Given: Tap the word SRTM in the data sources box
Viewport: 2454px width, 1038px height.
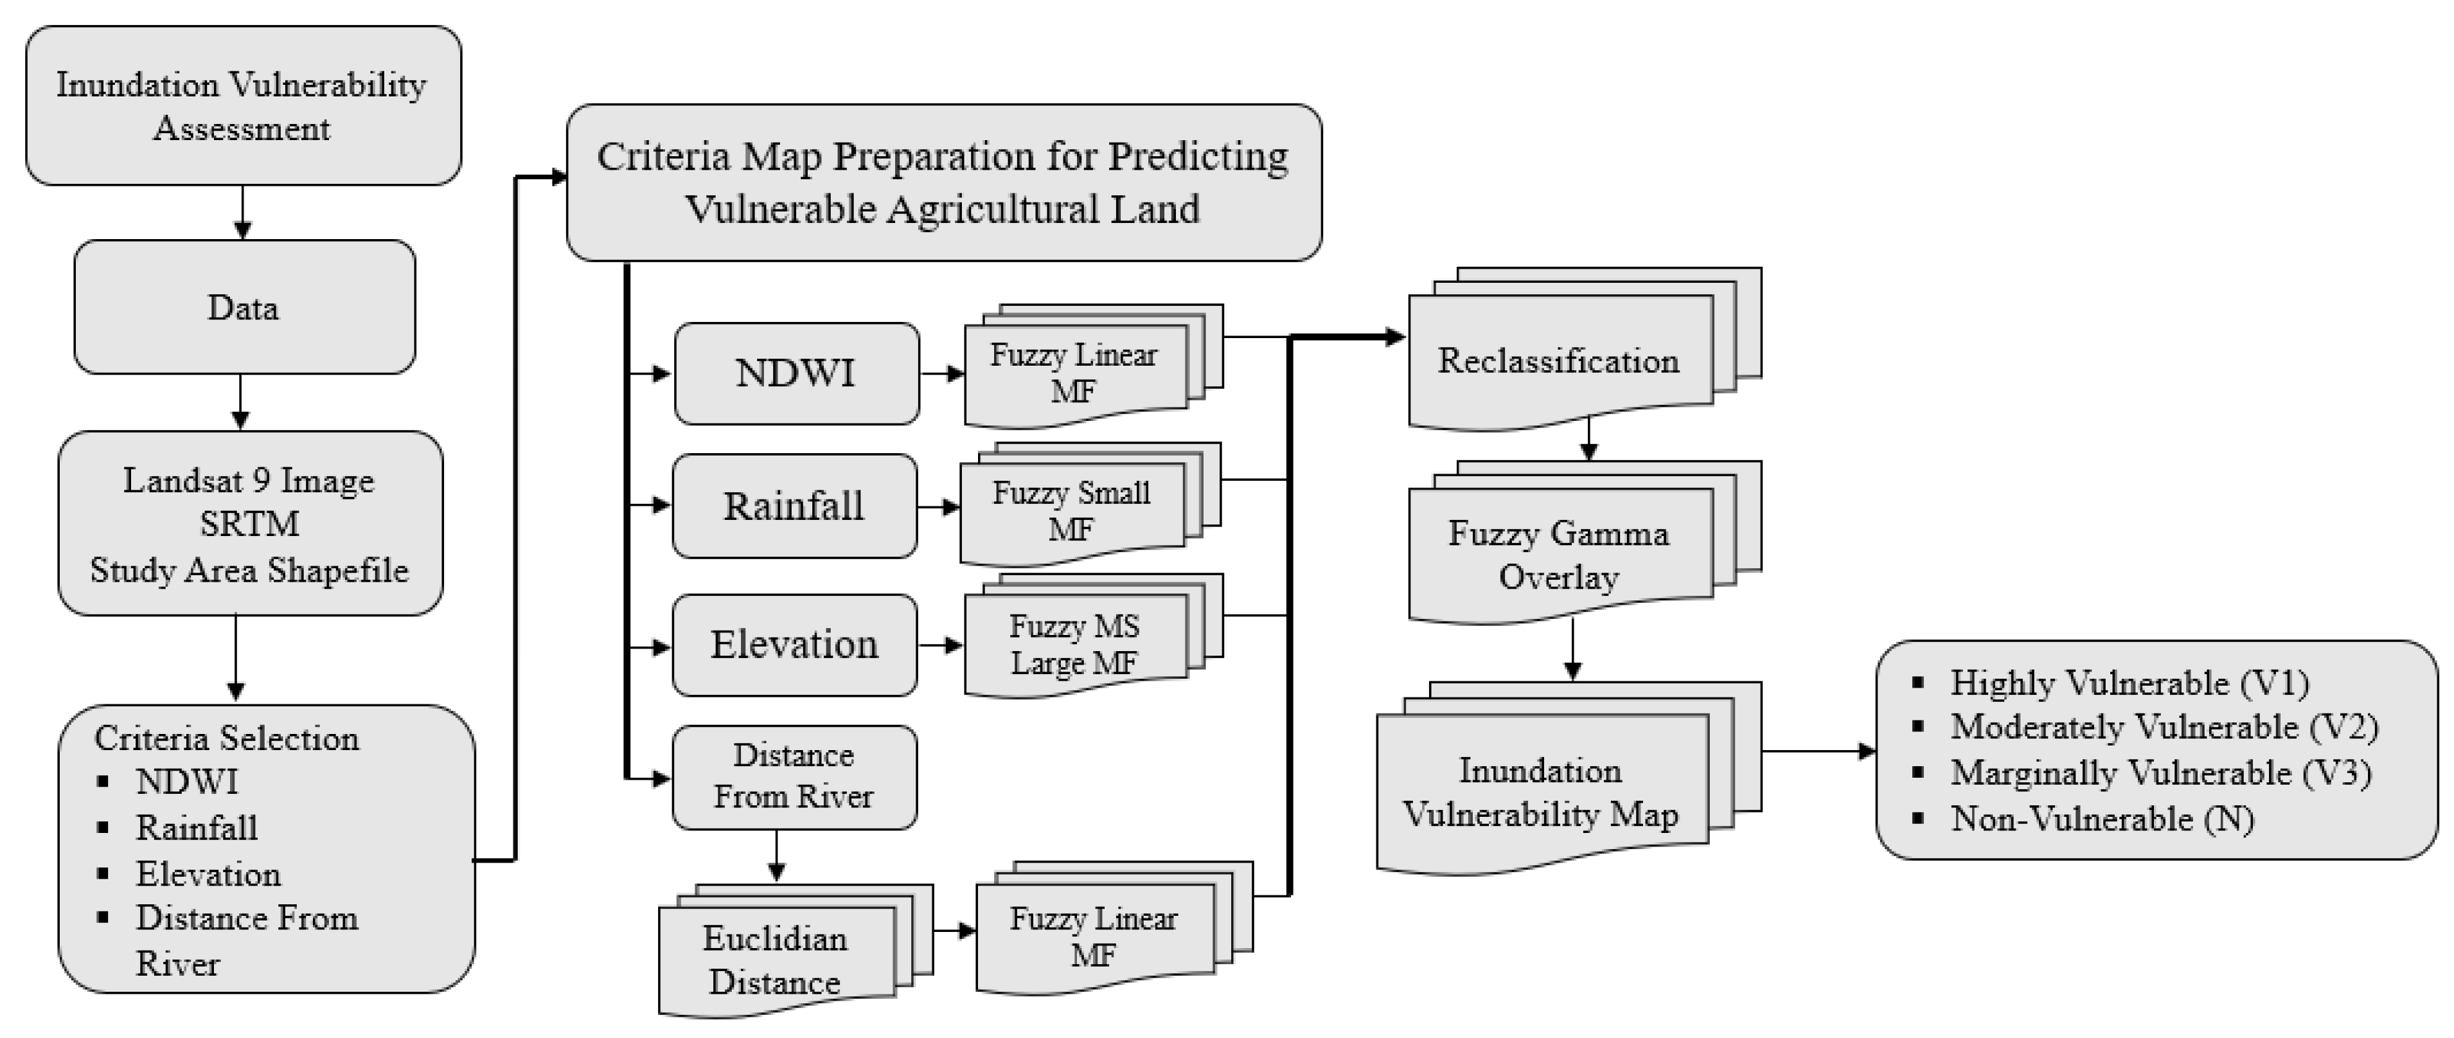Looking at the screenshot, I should click(x=249, y=523).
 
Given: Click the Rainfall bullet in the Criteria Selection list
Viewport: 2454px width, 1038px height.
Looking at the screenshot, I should click(x=196, y=827).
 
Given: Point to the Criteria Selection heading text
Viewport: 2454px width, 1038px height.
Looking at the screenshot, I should click(x=227, y=738).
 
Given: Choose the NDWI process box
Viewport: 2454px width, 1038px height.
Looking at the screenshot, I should click(x=796, y=373).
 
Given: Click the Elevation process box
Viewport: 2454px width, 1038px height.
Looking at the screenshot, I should click(x=794, y=645).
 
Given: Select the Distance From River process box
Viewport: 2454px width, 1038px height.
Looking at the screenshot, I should click(x=794, y=776).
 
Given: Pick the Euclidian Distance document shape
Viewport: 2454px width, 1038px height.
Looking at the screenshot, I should click(x=776, y=959).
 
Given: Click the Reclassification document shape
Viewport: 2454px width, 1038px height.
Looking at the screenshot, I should click(x=1558, y=361).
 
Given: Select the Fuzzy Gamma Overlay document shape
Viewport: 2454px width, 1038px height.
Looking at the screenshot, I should click(x=1558, y=555).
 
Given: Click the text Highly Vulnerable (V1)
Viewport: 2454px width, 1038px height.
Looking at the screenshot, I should click(x=2128, y=683).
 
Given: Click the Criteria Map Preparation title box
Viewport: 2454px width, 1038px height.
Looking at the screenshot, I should click(x=943, y=182).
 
